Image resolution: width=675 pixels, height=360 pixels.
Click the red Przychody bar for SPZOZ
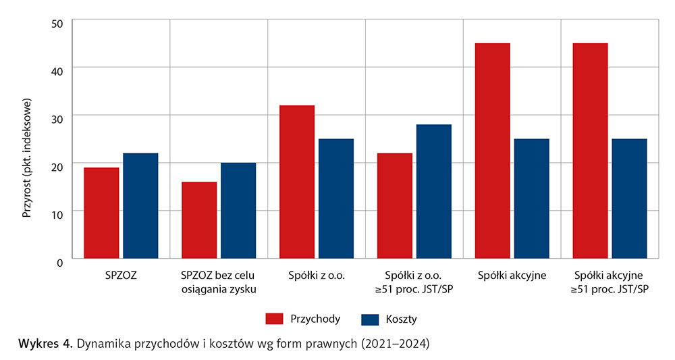(x=101, y=213)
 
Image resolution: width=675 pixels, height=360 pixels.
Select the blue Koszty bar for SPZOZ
(x=140, y=205)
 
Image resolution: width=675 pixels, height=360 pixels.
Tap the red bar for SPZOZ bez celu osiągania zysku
(x=198, y=220)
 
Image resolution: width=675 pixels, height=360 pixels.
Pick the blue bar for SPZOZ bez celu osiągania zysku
(x=238, y=210)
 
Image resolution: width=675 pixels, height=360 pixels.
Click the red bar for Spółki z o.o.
(x=296, y=182)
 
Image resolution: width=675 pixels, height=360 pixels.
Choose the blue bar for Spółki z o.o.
(x=335, y=199)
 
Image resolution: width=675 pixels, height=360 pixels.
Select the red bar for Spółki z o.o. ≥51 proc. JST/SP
(x=394, y=205)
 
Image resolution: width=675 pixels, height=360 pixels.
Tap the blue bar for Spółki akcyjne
(x=531, y=199)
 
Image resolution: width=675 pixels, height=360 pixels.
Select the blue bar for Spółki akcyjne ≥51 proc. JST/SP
(x=629, y=199)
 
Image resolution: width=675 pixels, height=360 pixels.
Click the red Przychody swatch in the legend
(x=273, y=318)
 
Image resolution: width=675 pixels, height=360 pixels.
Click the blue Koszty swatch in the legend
(x=371, y=318)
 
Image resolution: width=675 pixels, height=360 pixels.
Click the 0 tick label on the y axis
(x=59, y=261)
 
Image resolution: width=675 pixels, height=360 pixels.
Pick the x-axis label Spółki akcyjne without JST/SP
(x=512, y=276)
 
